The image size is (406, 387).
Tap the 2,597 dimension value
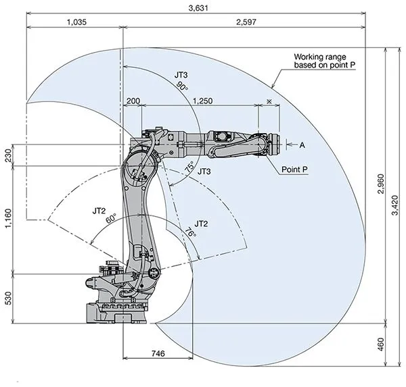coord(243,22)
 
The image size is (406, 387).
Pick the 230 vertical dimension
coord(9,155)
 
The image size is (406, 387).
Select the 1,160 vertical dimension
coord(9,219)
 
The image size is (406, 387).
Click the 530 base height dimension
coord(9,299)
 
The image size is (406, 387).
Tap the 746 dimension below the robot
coord(157,353)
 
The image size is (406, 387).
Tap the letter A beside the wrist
coord(302,145)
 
